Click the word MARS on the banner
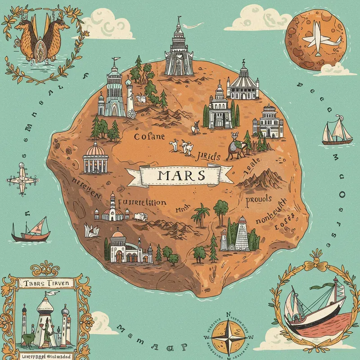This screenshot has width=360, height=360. click(x=180, y=175)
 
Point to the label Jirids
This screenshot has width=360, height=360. click(x=209, y=156)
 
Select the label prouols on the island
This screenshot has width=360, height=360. click(x=258, y=200)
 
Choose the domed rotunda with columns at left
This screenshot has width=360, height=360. click(x=95, y=158)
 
